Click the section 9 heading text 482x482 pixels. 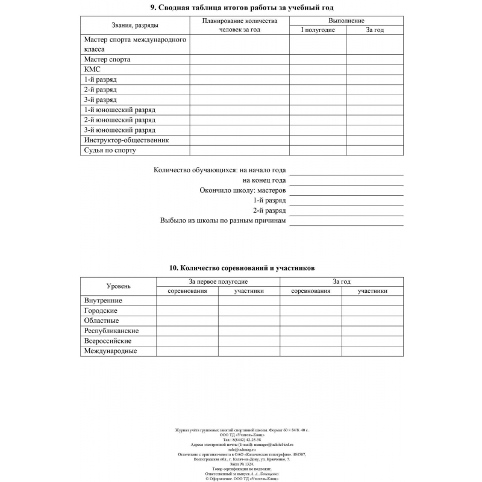pyautogui.click(x=241, y=7)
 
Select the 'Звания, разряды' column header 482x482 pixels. pyautogui.click(x=135, y=25)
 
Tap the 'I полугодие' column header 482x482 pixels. pyautogui.click(x=318, y=30)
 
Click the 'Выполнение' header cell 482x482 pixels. pyautogui.click(x=346, y=20)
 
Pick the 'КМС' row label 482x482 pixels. pyautogui.click(x=92, y=69)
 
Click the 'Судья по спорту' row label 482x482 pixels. pyautogui.click(x=110, y=150)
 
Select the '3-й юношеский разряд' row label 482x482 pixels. pyautogui.click(x=119, y=130)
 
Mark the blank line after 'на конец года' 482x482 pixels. pyautogui.click(x=346, y=180)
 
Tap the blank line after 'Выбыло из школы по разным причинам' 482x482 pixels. pyautogui.click(x=346, y=221)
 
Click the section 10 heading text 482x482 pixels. pyautogui.click(x=242, y=268)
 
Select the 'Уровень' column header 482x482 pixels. pyautogui.click(x=119, y=286)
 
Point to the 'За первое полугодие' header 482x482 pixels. pyautogui.click(x=218, y=281)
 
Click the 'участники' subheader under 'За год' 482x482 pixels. pyautogui.click(x=372, y=291)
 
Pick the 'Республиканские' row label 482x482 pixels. pyautogui.click(x=111, y=331)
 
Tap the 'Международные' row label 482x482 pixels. pyautogui.click(x=110, y=351)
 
